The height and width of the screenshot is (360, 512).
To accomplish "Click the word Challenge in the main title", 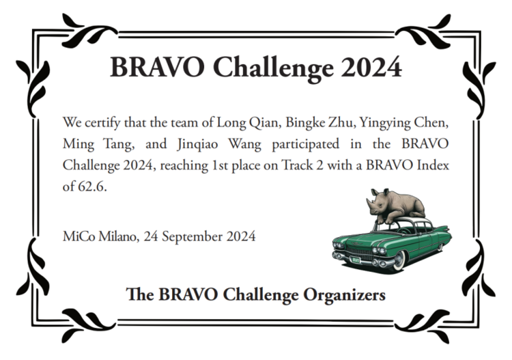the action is click(x=273, y=68).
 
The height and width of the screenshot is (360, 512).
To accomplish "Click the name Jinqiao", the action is click(x=197, y=145).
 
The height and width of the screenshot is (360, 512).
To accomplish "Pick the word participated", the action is click(x=305, y=145).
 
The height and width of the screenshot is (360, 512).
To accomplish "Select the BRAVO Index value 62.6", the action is click(x=92, y=186).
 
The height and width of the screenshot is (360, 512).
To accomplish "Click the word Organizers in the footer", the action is click(x=344, y=295).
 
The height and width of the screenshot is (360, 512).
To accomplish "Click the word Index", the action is click(x=433, y=165).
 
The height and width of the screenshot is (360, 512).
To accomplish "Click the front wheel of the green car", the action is click(x=399, y=260).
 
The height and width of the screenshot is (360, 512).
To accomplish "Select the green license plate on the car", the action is click(x=355, y=260).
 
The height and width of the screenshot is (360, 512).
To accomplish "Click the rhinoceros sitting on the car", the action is click(x=395, y=207).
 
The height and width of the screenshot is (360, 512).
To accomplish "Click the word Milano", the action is click(x=120, y=236).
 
